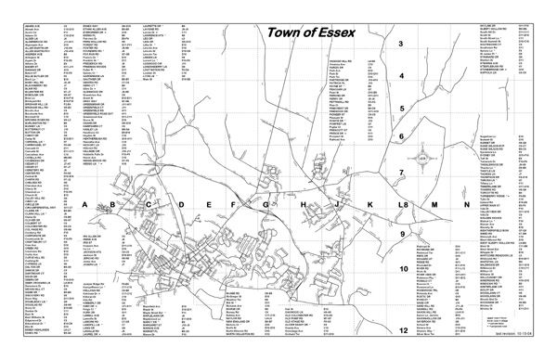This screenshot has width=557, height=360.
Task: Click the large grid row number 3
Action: [x=401, y=44]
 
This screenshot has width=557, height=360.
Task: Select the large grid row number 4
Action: [x=401, y=76]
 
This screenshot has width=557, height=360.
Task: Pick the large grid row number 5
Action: [x=401, y=108]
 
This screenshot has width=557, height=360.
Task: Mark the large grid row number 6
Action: [x=401, y=138]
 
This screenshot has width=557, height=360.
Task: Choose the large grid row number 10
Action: [x=403, y=270]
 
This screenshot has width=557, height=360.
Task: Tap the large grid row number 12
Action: [x=403, y=330]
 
